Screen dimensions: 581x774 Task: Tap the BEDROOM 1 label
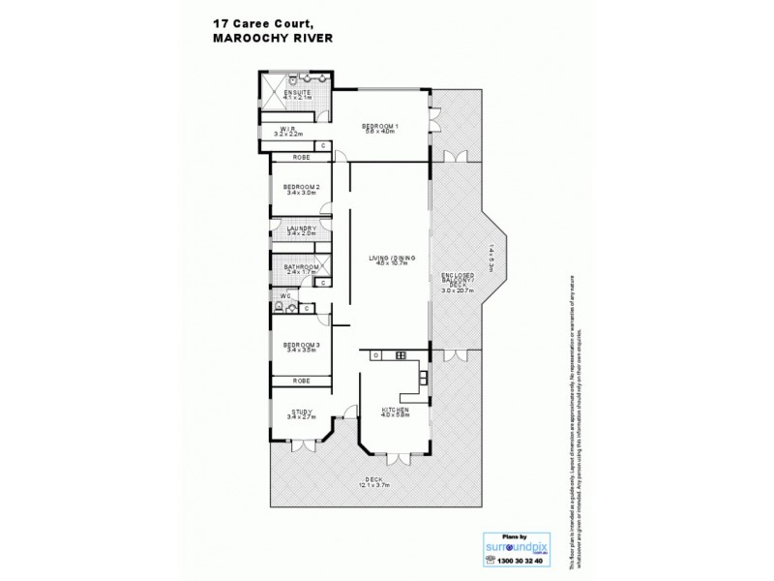pos(380,127)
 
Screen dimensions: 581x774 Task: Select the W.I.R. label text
pos(287,129)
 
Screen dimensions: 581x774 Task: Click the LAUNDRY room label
pos(302,229)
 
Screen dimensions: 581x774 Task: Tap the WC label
pos(285,295)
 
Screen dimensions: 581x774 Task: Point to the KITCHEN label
pos(395,410)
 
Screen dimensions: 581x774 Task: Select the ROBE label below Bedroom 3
pos(302,381)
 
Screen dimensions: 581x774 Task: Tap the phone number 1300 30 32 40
pos(516,561)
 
